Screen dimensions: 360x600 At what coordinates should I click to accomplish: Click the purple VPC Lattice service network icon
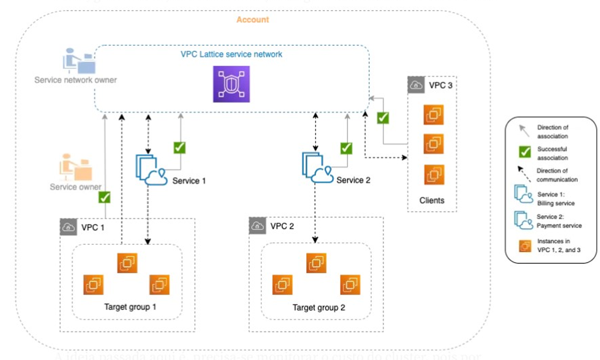pyautogui.click(x=231, y=84)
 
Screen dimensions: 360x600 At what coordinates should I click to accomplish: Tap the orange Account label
pyautogui.click(x=252, y=20)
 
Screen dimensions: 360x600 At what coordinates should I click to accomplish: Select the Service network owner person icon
pyautogui.click(x=79, y=61)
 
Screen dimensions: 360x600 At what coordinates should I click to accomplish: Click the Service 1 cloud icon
pyautogui.click(x=151, y=170)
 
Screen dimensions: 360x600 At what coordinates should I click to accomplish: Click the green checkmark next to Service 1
pyautogui.click(x=179, y=148)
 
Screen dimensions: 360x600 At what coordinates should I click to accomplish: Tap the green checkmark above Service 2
pyautogui.click(x=346, y=148)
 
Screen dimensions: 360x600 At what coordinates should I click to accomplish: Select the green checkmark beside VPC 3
pyautogui.click(x=383, y=118)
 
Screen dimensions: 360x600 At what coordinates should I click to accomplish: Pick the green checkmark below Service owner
pyautogui.click(x=104, y=197)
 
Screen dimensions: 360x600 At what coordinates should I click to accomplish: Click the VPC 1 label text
pyautogui.click(x=93, y=228)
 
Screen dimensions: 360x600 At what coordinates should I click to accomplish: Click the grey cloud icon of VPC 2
pyautogui.click(x=257, y=226)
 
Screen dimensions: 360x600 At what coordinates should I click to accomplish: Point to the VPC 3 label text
pyautogui.click(x=440, y=85)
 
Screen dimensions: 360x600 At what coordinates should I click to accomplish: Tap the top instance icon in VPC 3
pyautogui.click(x=433, y=115)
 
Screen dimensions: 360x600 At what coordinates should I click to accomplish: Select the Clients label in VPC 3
pyautogui.click(x=432, y=200)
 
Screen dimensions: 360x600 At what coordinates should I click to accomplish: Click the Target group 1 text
pyautogui.click(x=130, y=307)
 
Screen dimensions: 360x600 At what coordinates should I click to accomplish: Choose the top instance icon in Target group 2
pyautogui.click(x=316, y=263)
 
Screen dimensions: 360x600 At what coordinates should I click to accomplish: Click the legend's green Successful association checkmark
pyautogui.click(x=525, y=152)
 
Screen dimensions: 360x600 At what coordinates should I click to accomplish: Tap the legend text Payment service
pyautogui.click(x=559, y=226)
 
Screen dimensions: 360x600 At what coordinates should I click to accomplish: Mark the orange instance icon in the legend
pyautogui.click(x=525, y=246)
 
